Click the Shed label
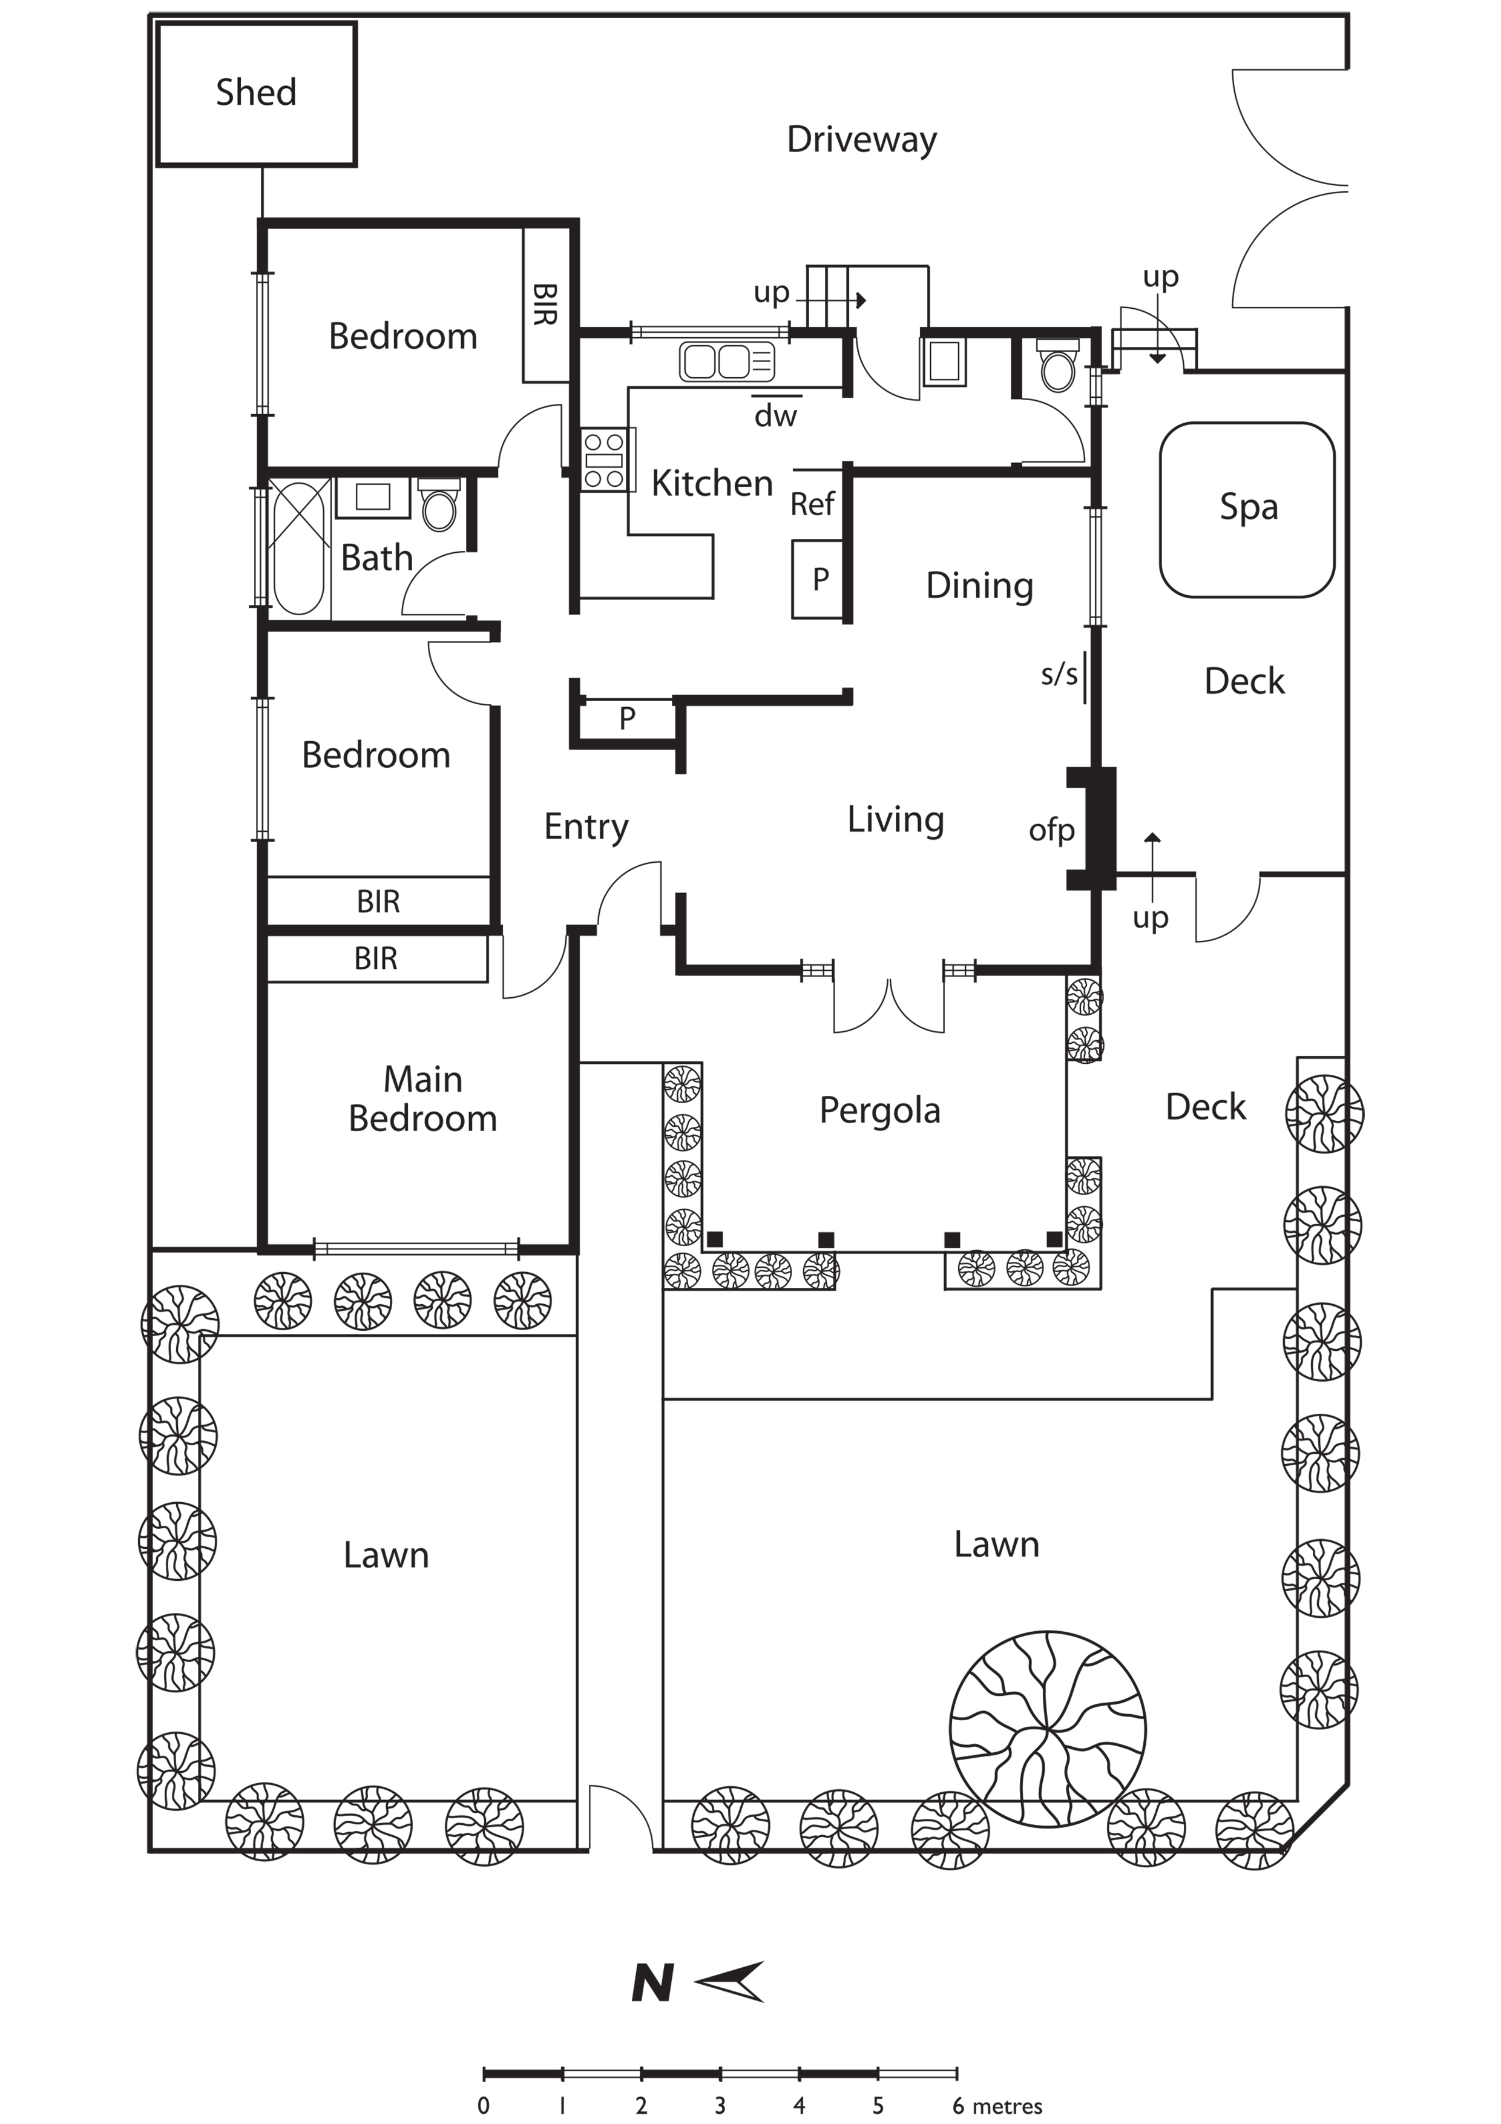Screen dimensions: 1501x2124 [x=256, y=93]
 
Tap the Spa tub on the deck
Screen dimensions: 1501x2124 [x=1247, y=510]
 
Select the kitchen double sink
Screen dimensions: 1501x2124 [x=727, y=361]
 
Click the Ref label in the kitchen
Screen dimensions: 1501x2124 [x=812, y=504]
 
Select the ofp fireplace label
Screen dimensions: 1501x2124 [x=1051, y=831]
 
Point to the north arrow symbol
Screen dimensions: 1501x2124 [x=730, y=1982]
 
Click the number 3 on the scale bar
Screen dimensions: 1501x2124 [x=720, y=2105]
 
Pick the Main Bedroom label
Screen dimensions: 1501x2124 [x=422, y=1099]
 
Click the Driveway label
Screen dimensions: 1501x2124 [x=862, y=140]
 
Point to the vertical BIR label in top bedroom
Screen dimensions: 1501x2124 [x=545, y=305]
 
